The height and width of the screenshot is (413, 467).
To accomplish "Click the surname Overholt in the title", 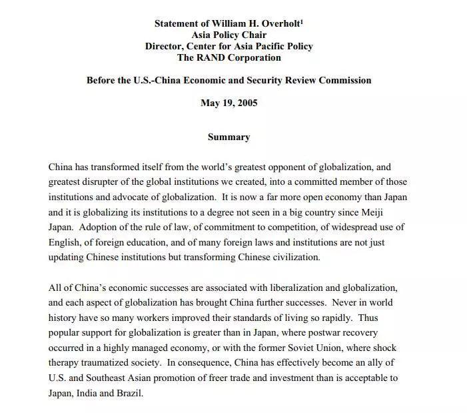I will (x=279, y=23).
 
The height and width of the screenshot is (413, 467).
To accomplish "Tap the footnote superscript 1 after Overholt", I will (x=302, y=21).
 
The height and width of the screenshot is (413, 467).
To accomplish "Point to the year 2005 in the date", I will (x=246, y=103).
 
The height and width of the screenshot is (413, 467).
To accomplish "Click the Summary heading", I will (x=229, y=137).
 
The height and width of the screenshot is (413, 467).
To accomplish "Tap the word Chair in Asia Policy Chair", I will (x=253, y=35).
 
